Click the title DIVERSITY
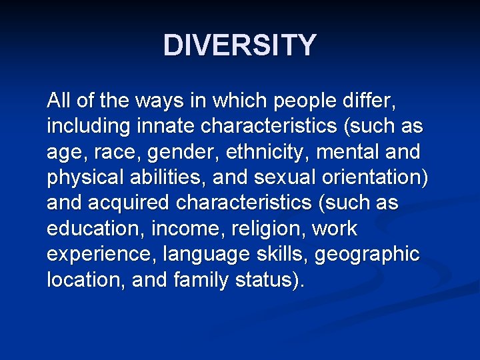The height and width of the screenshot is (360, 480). click(240, 45)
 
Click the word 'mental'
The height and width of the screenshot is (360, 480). click(347, 152)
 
